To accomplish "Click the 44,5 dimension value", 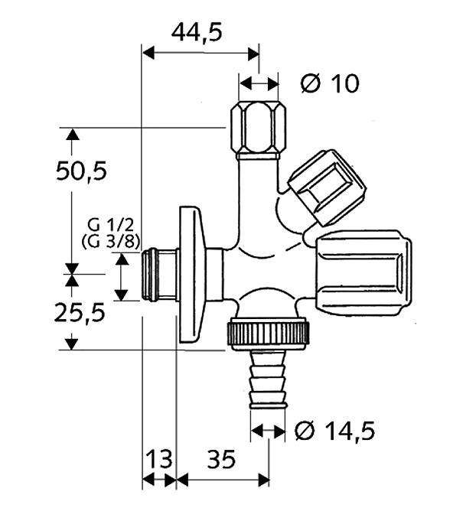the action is click(x=197, y=33).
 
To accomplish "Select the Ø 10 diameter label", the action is click(x=330, y=83).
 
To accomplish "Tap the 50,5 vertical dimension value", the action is click(x=81, y=171).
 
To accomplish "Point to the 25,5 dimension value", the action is click(x=80, y=313).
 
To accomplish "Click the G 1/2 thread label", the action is click(x=110, y=225).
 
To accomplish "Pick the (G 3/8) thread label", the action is click(x=111, y=241).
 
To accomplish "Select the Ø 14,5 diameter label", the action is click(x=335, y=431).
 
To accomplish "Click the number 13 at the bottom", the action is click(x=159, y=459).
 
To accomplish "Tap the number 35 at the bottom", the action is click(x=221, y=459).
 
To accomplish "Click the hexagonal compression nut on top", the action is click(x=259, y=129).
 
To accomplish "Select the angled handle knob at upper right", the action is click(x=328, y=187).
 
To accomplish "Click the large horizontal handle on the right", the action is click(x=364, y=272).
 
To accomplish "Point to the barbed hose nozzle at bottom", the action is click(x=268, y=379).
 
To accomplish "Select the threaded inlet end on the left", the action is click(x=158, y=275).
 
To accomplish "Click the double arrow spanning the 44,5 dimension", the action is click(x=201, y=53).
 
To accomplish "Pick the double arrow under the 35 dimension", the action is click(x=223, y=480).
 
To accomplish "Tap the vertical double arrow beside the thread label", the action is click(x=122, y=277).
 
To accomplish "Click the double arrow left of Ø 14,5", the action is click(x=269, y=431).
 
